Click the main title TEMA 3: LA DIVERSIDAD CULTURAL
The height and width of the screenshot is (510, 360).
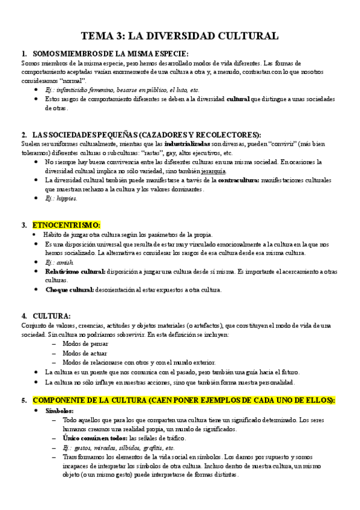click(180, 36)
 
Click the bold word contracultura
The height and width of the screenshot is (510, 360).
click(238, 180)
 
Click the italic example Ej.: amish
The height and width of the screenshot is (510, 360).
click(59, 263)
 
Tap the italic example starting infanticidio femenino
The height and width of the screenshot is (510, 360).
click(122, 90)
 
